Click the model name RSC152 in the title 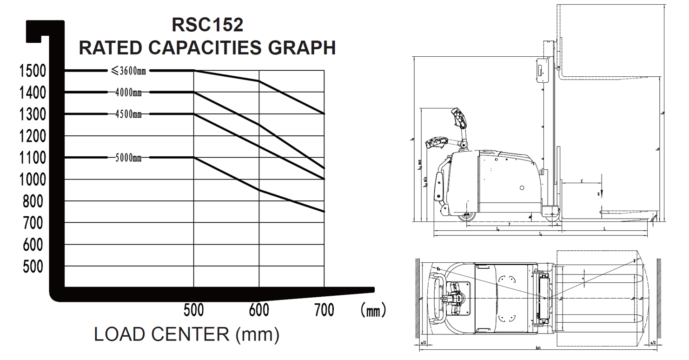(207, 25)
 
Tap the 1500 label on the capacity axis (33, 71)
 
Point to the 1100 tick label (33, 158)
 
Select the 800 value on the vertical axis (33, 201)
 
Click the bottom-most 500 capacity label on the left (33, 267)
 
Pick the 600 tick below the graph (259, 310)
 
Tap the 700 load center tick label (324, 310)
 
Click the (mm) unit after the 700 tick (373, 310)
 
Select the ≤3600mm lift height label (128, 71)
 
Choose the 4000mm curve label (128, 93)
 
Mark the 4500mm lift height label (128, 114)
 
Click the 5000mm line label (128, 158)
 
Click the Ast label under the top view (538, 347)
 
